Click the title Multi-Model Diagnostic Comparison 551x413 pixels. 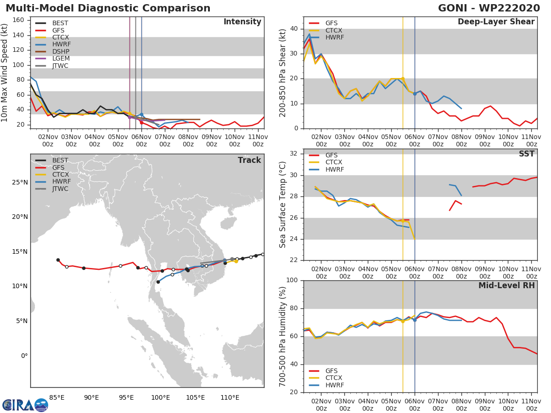coord(108,8)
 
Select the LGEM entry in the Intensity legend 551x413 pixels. coord(61,59)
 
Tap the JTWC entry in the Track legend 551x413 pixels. coord(60,189)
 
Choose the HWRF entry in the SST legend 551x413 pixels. coord(334,169)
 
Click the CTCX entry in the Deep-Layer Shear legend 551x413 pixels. coord(334,30)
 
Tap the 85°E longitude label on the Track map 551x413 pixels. coord(57,397)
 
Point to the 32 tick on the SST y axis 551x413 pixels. coord(294,154)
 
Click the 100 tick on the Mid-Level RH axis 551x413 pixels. coord(292,280)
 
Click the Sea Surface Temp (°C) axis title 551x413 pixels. coord(283,204)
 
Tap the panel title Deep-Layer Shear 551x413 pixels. coord(496,22)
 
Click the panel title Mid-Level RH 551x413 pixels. coord(506,285)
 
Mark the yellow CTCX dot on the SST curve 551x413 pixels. coord(403,220)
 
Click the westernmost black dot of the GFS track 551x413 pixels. coord(58,260)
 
